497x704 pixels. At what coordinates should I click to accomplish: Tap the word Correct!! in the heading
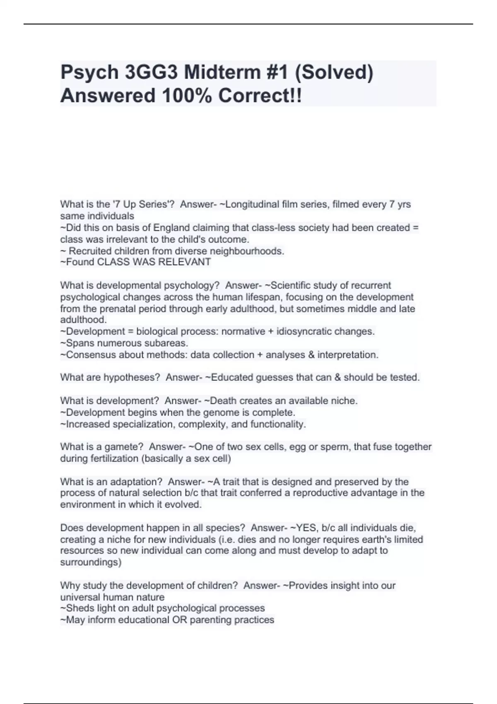(260, 96)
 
